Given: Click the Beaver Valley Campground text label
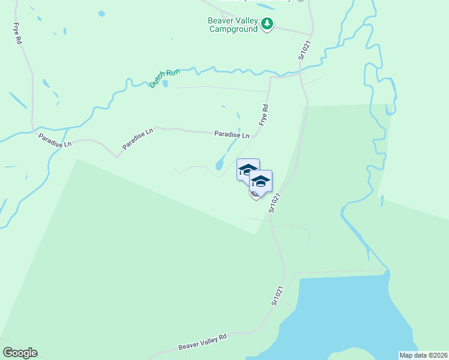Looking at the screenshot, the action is pyautogui.click(x=233, y=25).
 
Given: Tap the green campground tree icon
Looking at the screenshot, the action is pyautogui.click(x=267, y=25).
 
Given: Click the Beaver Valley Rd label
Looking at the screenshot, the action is pyautogui.click(x=202, y=342).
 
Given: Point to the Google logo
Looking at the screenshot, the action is pyautogui.click(x=20, y=353).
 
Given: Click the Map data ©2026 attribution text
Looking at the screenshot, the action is pyautogui.click(x=423, y=355).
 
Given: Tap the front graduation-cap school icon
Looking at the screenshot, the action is pyautogui.click(x=261, y=181).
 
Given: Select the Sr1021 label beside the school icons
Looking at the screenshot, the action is pyautogui.click(x=276, y=202).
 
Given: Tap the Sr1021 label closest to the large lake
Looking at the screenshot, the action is pyautogui.click(x=277, y=296).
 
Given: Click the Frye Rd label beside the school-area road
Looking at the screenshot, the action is pyautogui.click(x=263, y=114).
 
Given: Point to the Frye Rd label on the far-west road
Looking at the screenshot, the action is pyautogui.click(x=17, y=34).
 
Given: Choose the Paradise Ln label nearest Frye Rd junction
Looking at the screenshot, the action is pyautogui.click(x=232, y=135).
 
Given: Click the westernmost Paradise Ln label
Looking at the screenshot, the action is pyautogui.click(x=55, y=140).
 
